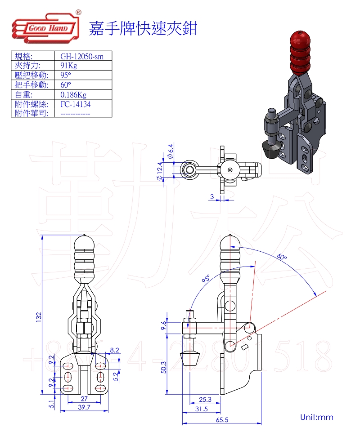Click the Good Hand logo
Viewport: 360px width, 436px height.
(46, 28)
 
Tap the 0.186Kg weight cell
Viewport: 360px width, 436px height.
(73, 94)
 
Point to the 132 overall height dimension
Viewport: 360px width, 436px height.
(39, 317)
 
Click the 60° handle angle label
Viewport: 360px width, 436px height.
(282, 257)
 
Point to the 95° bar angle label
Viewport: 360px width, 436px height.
(207, 279)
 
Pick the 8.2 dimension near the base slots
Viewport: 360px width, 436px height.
(114, 349)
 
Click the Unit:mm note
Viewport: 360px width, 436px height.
(317, 417)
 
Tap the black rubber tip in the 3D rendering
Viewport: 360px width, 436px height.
(270, 149)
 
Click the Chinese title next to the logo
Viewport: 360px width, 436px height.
(143, 28)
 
